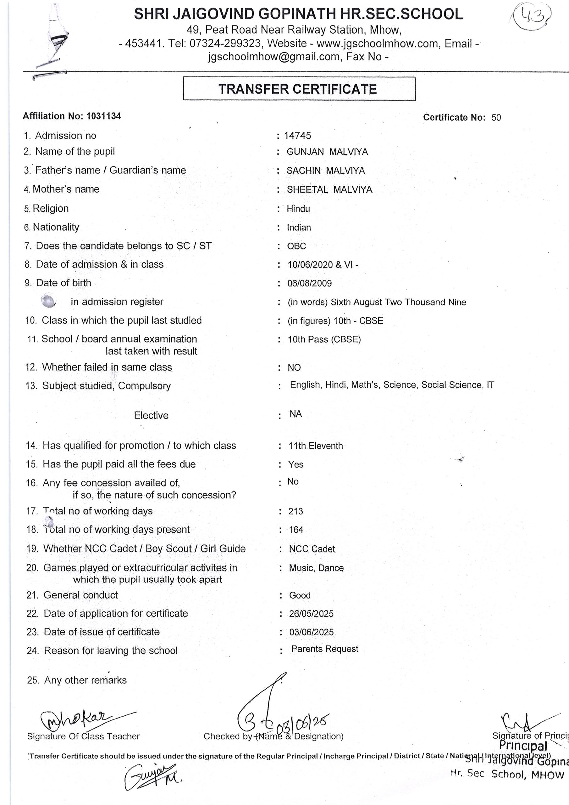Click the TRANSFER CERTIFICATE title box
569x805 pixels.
[x=299, y=89]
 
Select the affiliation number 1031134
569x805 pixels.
[x=103, y=116]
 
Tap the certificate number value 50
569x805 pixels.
[x=496, y=118]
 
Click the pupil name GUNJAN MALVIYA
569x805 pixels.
[x=327, y=152]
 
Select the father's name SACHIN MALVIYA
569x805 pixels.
[x=325, y=171]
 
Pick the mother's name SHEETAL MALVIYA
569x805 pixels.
[x=329, y=190]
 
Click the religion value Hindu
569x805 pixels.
[x=298, y=209]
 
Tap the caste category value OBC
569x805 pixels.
[x=296, y=246]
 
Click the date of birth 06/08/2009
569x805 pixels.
[x=309, y=283]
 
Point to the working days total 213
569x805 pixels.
[x=296, y=511]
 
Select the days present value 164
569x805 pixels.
[x=296, y=530]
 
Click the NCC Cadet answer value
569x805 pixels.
[x=312, y=549]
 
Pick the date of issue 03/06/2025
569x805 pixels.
[x=311, y=632]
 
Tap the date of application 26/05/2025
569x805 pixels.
[x=311, y=613]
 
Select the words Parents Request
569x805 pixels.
[x=324, y=649]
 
